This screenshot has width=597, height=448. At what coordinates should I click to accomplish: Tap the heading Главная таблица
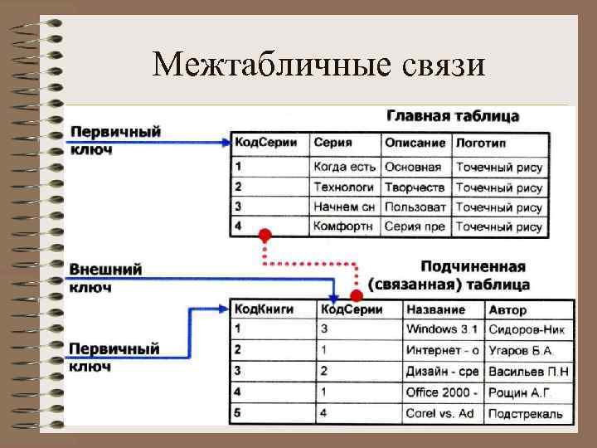(452, 115)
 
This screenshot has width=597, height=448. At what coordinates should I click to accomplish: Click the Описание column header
(415, 143)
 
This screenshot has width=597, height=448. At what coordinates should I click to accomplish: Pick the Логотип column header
(481, 143)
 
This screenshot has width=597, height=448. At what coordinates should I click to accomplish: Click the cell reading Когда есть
(344, 167)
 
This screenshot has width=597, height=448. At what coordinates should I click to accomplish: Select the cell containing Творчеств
(415, 187)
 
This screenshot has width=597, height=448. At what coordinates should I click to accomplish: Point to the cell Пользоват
(415, 207)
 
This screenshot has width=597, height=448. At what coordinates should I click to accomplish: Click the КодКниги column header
(264, 309)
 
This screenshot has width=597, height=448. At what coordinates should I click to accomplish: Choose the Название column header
(435, 309)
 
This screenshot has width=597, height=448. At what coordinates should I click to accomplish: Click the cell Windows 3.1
(442, 329)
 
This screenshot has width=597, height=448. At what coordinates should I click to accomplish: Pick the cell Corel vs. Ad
(439, 412)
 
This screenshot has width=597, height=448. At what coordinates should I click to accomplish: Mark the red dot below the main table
(265, 235)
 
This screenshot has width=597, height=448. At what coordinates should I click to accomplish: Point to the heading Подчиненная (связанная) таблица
(473, 275)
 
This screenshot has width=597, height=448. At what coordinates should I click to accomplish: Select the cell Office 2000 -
(441, 392)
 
